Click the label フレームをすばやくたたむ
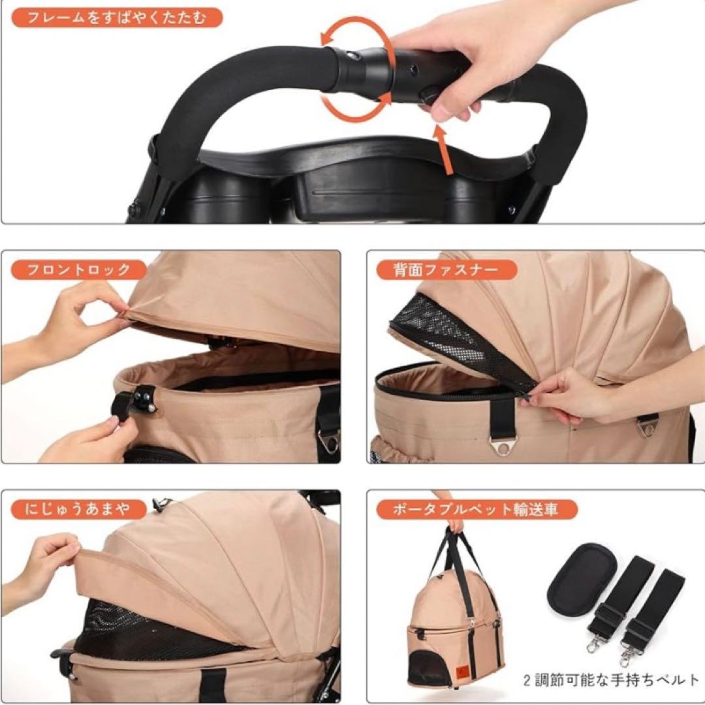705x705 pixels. (x=117, y=18)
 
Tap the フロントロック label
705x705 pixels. (x=79, y=270)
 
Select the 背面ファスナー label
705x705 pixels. (x=446, y=270)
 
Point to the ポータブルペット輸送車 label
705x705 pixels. (x=476, y=509)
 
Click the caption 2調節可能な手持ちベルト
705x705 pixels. (x=612, y=680)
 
